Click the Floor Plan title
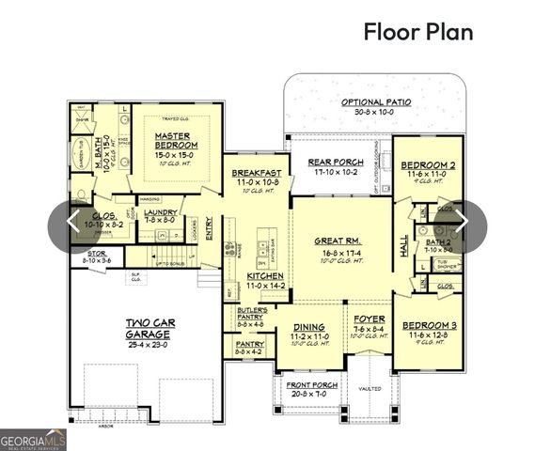tap(417, 31)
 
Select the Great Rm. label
tap(334, 241)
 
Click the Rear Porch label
tap(333, 162)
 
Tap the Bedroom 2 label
tap(431, 165)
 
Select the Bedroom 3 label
tap(432, 324)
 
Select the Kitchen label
tap(265, 275)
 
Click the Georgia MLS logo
tap(33, 439)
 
